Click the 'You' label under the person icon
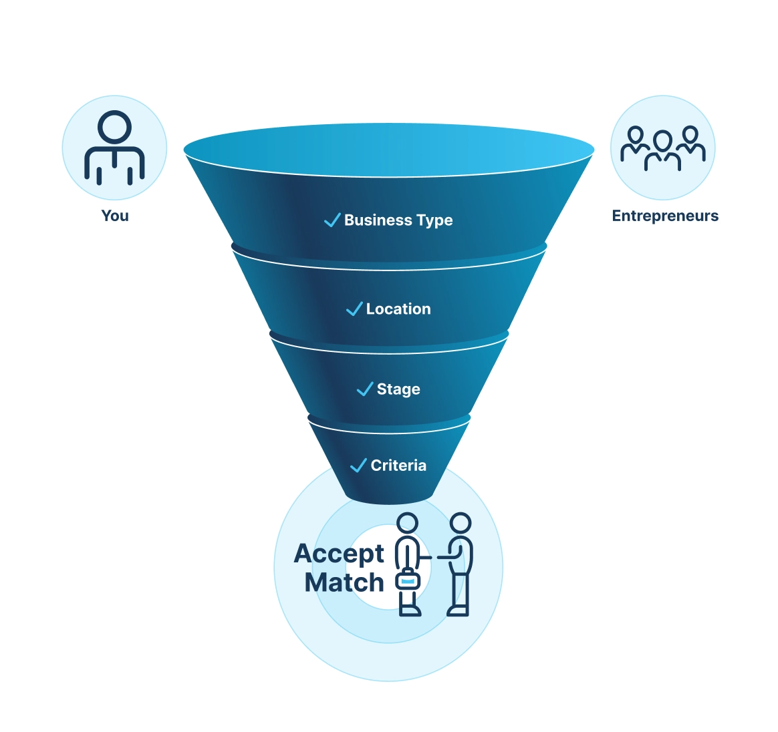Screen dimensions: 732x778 [x=115, y=216]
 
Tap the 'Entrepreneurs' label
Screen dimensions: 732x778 [x=665, y=216]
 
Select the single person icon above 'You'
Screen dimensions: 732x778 [x=114, y=148]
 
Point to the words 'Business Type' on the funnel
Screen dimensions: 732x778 [x=398, y=220]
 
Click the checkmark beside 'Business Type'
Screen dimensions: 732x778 [x=332, y=220]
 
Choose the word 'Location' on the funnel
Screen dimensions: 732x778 [x=398, y=309]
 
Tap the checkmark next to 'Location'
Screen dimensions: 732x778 [x=354, y=309]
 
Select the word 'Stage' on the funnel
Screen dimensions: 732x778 [x=398, y=389]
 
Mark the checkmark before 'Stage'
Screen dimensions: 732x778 [x=365, y=389]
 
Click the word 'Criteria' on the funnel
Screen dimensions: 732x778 [x=398, y=466]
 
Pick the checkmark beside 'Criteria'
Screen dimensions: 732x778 [x=359, y=465]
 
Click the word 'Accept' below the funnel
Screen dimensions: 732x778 [x=339, y=554]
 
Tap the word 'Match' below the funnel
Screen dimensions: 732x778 [x=344, y=583]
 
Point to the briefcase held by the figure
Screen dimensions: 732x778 [x=408, y=580]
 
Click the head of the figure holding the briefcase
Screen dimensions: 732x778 [x=407, y=522]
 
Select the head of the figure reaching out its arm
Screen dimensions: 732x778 [x=461, y=522]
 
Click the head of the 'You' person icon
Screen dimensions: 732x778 [x=114, y=126]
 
